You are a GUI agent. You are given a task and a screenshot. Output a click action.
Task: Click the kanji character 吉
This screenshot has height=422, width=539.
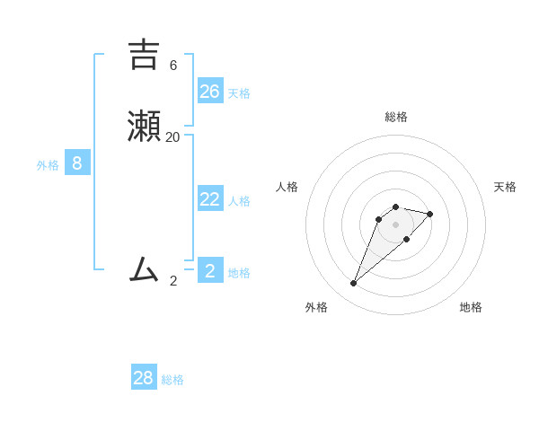144,54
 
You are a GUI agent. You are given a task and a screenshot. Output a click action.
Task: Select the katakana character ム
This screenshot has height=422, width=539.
144,268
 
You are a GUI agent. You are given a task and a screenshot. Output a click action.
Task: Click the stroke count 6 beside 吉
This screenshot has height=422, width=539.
172,66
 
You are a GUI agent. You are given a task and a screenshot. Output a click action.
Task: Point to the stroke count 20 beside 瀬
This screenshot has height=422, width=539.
172,136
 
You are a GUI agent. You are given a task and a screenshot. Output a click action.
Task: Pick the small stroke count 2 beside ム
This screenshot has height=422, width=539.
173,280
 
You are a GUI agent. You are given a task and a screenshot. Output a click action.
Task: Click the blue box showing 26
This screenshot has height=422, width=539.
210,91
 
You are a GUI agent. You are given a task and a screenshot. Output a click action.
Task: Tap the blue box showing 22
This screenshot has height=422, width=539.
210,198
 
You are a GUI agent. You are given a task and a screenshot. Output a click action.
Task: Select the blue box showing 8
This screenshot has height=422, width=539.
77,163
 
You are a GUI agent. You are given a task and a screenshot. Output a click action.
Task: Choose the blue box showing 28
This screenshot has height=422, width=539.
144,377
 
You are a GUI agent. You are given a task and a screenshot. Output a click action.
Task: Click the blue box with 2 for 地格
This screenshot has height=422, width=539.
210,270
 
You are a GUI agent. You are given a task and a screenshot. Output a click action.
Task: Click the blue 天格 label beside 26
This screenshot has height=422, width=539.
239,93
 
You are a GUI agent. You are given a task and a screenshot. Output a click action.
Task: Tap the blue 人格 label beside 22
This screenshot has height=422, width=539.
239,201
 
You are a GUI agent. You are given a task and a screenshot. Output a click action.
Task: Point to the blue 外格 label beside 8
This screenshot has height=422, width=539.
48,165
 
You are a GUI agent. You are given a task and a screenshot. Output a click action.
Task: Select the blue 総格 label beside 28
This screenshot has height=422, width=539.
172,380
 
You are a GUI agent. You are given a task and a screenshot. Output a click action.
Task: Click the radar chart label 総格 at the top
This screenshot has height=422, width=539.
395,117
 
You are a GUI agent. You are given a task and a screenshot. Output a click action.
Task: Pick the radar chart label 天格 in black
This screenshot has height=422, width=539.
505,187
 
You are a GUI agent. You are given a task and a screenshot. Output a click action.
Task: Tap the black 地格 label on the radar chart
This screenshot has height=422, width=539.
471,307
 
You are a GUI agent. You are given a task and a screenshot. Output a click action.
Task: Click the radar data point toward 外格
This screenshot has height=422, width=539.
353,284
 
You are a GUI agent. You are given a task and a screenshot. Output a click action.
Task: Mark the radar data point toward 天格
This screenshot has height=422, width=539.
430,214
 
